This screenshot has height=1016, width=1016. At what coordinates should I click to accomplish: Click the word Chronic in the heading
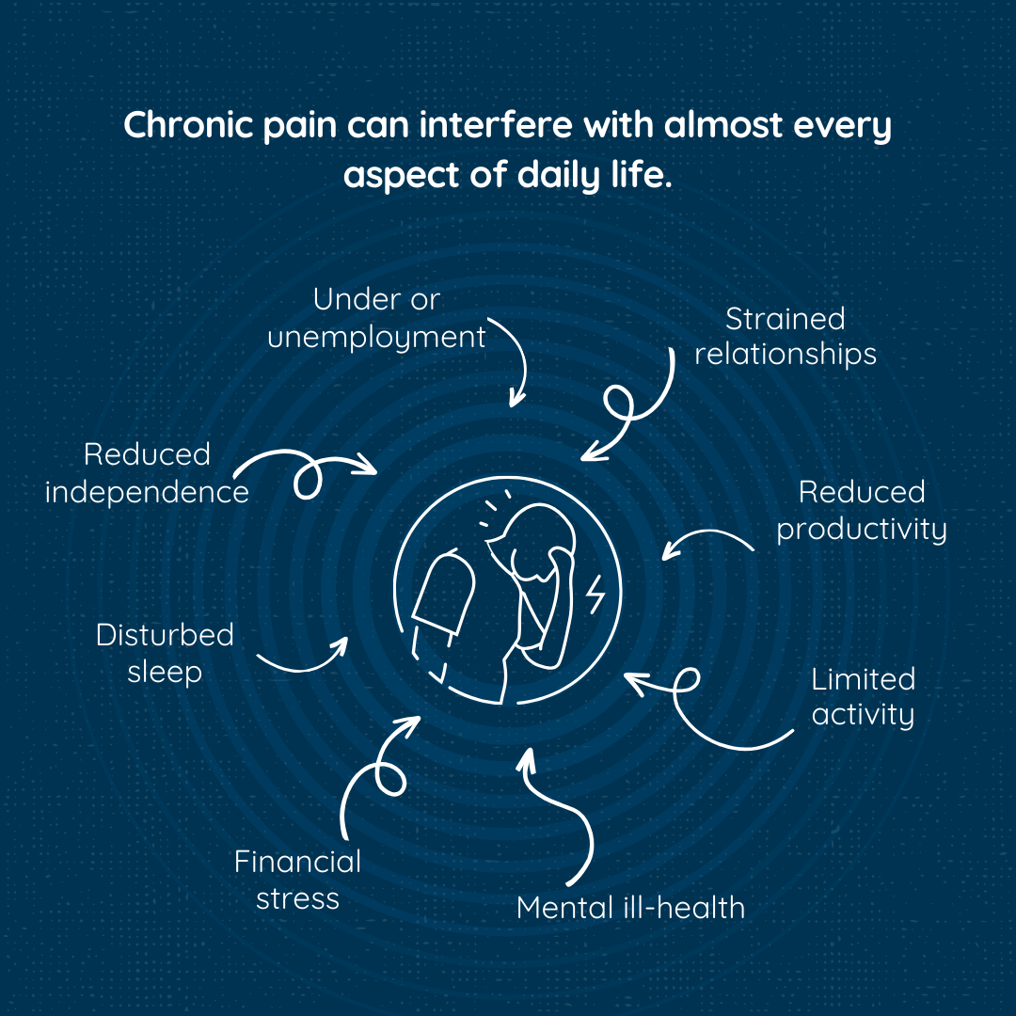pos(188,124)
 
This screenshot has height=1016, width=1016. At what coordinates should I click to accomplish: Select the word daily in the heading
pos(559,175)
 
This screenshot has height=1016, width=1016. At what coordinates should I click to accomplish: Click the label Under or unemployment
pos(376,319)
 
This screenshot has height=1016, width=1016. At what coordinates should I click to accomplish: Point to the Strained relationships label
pos(786,336)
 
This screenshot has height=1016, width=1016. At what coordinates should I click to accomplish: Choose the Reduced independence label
pos(147,473)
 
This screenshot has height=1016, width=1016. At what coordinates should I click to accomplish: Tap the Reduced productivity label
pos(862,511)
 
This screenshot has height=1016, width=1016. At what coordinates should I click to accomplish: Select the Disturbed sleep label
pos(165,654)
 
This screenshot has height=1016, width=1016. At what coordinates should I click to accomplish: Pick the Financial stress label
pos(297,880)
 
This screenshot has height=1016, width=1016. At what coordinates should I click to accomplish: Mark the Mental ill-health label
pos(630,908)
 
